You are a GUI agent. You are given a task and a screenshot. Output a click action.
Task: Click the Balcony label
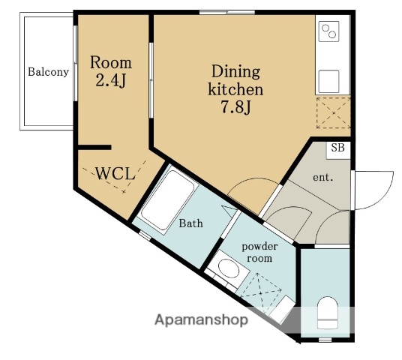point(49,72)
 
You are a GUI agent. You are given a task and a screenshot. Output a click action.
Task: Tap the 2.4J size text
point(111,80)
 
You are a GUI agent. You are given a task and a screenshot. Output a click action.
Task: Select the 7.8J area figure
point(235,106)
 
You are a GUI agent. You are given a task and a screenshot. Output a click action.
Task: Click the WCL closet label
point(115,173)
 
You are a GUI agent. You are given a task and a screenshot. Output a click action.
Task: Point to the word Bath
point(191,223)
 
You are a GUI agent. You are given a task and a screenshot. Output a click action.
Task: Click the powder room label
point(259,252)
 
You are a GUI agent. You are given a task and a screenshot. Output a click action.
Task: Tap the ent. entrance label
point(323,177)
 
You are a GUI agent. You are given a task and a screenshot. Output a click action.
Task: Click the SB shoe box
point(338,150)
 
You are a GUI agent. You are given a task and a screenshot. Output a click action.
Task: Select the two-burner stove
point(328,31)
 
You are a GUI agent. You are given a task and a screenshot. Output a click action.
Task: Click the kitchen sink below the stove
point(328,81)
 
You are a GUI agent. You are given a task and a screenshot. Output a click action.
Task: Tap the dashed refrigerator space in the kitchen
point(334,112)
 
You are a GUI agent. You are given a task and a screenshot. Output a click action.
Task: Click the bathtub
point(168,199)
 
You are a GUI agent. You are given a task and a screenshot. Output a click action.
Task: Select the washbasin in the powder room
point(228,268)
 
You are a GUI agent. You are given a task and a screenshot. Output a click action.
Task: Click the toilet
point(327,313)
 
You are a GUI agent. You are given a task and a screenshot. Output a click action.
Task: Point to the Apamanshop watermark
point(202,319)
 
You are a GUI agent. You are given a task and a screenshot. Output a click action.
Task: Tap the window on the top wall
point(227,12)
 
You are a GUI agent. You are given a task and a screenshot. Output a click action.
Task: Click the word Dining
point(235,72)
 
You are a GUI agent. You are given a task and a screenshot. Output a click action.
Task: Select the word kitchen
point(235,89)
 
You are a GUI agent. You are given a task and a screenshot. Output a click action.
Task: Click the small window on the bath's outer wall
point(145,235)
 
